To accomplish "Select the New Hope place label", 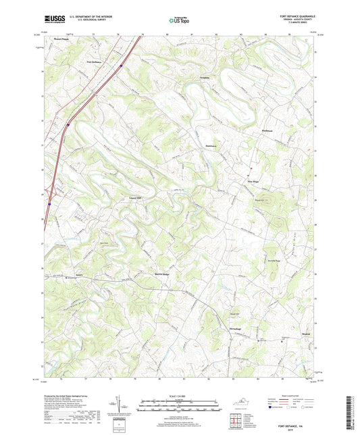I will pos(251,181).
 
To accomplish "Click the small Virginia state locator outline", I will pos(247,402).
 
